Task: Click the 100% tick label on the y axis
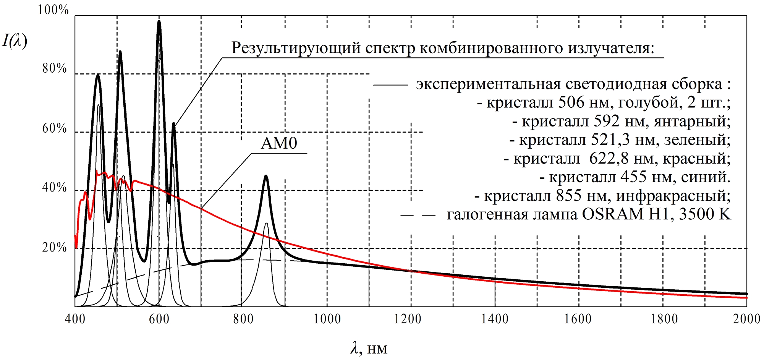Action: point(53,10)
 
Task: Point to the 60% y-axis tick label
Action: point(55,128)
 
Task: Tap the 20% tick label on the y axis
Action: point(55,248)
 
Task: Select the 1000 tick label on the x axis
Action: point(327,319)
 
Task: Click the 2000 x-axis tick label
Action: point(746,319)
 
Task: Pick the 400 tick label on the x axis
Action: point(75,319)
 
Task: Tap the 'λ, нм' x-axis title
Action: point(369,349)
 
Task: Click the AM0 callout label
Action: point(279,144)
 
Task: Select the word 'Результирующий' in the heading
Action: point(296,49)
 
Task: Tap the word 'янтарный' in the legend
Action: point(692,121)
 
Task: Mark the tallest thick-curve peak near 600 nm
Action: point(159,21)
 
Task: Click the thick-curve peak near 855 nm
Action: point(265,176)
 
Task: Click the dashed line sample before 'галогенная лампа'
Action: point(418,216)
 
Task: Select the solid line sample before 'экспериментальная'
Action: point(390,85)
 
